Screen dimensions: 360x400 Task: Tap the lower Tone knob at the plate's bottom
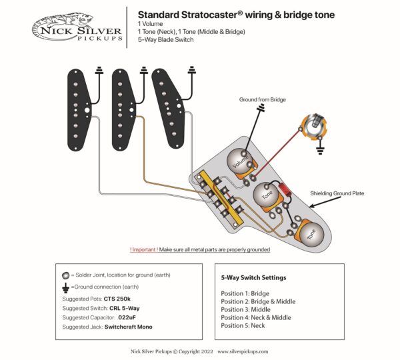click(x=309, y=233)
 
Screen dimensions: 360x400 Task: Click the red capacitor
click(x=287, y=189)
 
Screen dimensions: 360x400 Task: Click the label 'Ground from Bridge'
click(x=261, y=99)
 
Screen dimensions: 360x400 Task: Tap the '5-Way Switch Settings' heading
click(x=253, y=277)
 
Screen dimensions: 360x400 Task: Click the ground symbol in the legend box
click(x=65, y=287)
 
